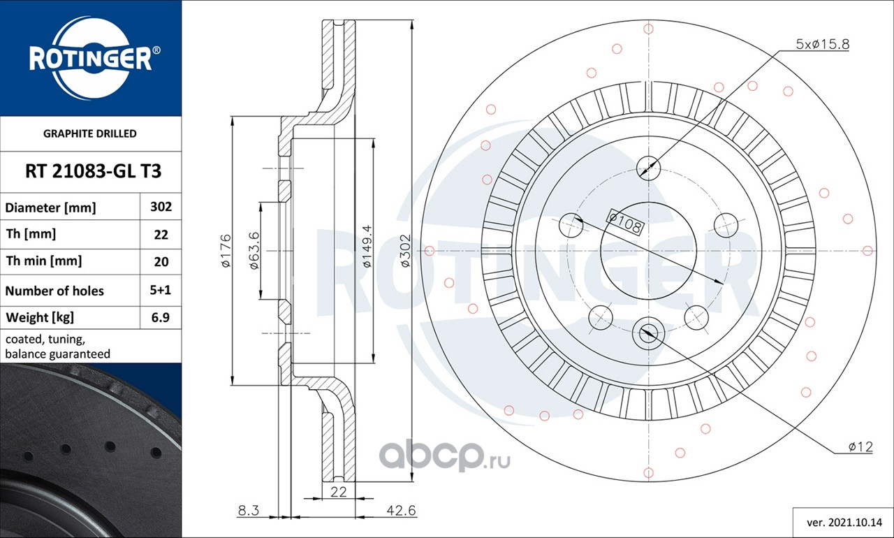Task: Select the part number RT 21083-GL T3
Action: tap(93, 171)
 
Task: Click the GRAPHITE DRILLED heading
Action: tap(90, 133)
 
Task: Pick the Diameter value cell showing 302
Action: tap(161, 207)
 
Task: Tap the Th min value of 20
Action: tap(161, 262)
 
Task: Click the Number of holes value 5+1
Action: tap(160, 290)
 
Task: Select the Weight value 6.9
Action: tap(160, 317)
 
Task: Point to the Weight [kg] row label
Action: tap(40, 318)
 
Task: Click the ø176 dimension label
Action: tap(226, 251)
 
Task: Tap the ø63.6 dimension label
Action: tap(254, 251)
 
